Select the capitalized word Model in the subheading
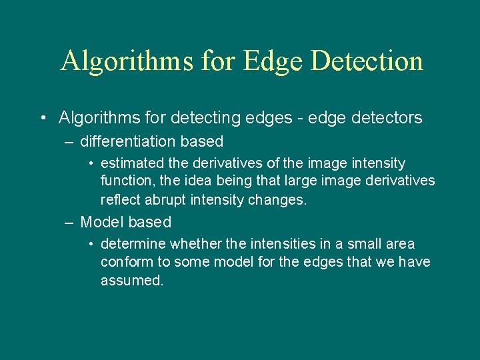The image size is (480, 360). click(x=102, y=222)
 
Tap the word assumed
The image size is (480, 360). click(x=131, y=281)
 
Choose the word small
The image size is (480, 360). click(x=359, y=244)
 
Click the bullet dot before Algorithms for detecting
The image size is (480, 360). click(x=42, y=119)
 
